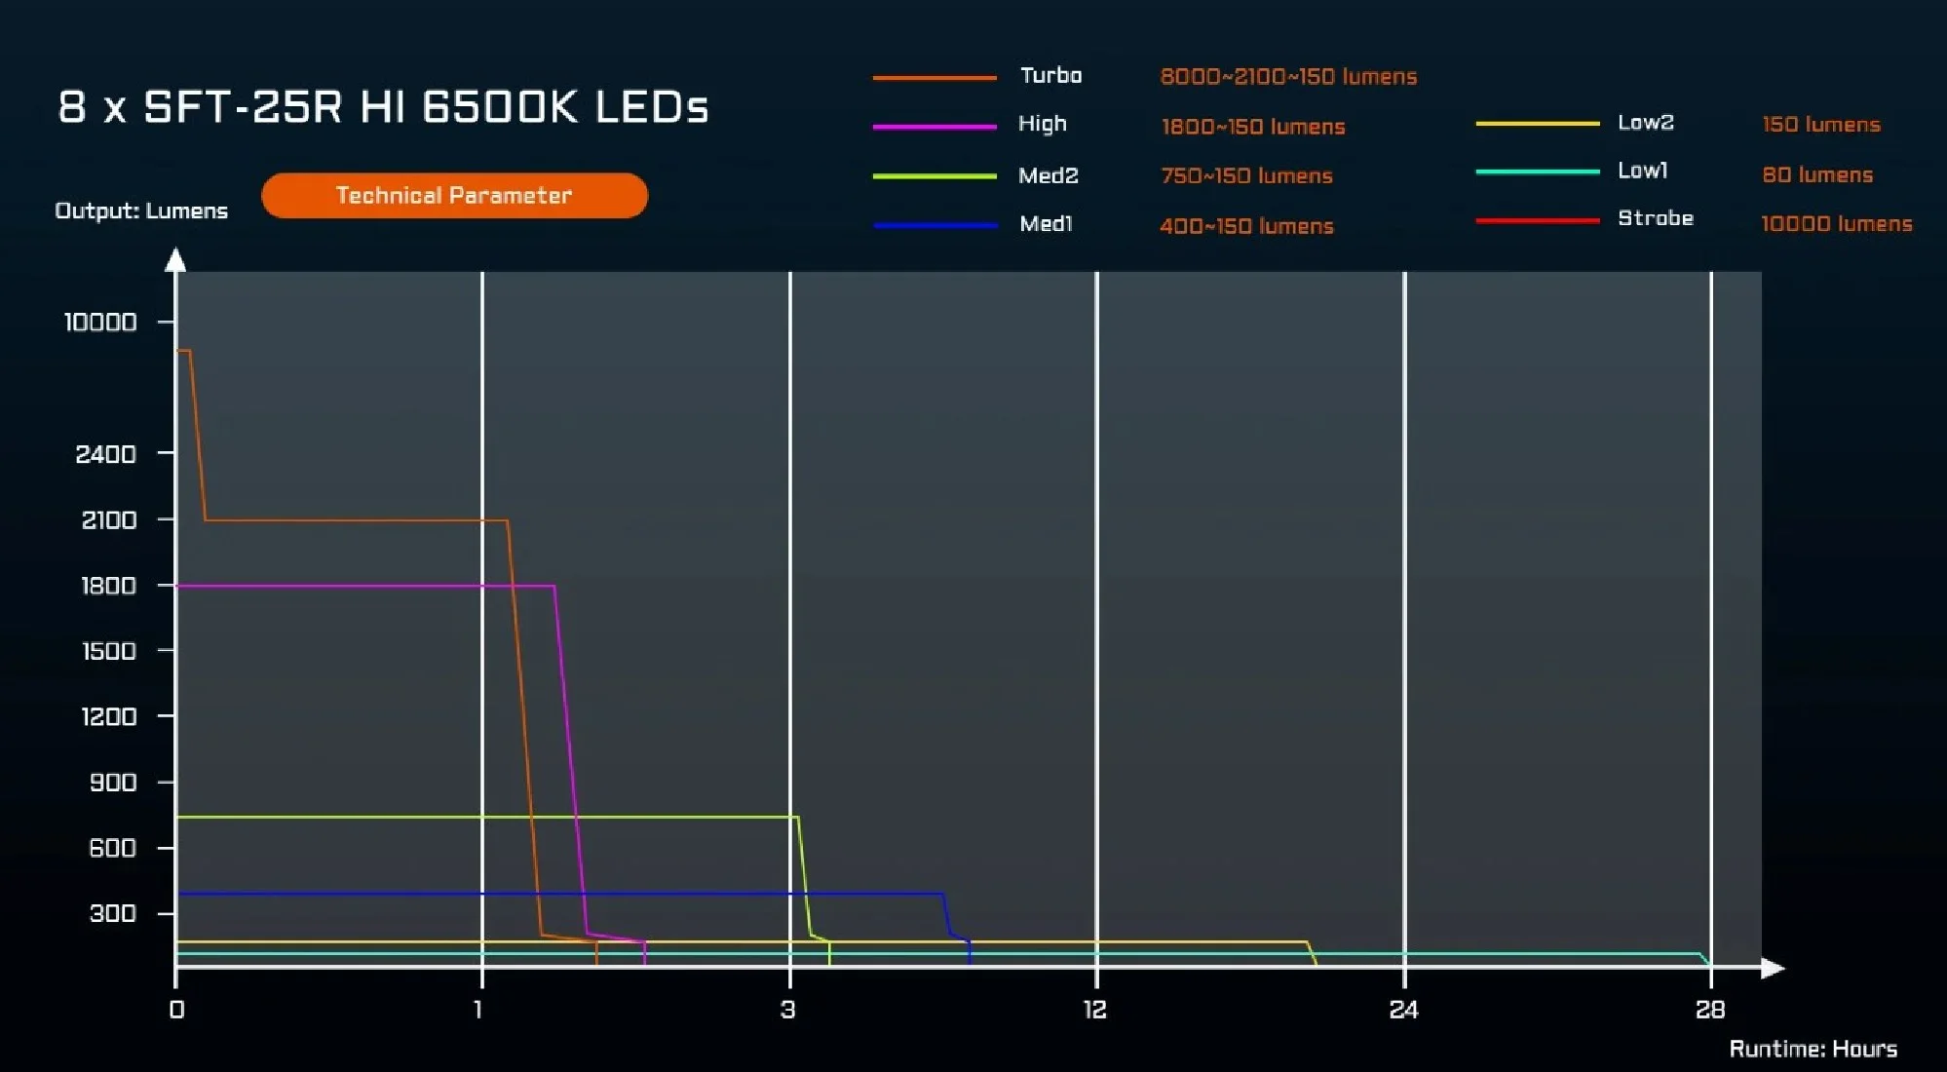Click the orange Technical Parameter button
454,196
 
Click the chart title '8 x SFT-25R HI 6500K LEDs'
383,107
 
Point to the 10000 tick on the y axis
100,323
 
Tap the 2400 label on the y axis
106,454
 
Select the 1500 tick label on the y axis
108,651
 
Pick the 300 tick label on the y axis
113,913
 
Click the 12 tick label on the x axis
1095,1010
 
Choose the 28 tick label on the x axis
1710,1010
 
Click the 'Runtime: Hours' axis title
1813,1049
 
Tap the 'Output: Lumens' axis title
141,211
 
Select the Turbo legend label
1050,76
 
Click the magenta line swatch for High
935,127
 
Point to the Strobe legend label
1655,218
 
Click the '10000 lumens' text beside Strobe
1836,224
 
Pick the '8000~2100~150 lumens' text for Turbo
1288,77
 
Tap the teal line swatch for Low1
1537,172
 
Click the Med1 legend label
1046,224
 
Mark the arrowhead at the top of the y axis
175,259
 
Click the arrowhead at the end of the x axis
1774,968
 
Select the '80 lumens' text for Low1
1817,175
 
